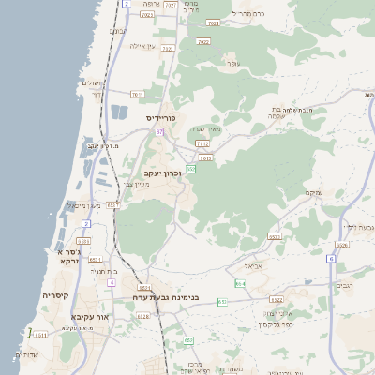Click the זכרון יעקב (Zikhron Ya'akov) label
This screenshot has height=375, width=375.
tap(167, 173)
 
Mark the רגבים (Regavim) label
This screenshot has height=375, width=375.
tap(344, 284)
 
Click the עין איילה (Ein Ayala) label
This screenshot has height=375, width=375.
tap(143, 45)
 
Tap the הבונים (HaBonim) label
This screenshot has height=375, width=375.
tap(119, 31)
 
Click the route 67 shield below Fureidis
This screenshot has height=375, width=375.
tap(160, 132)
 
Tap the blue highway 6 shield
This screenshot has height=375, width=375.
tap(332, 257)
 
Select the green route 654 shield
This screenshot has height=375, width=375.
tap(240, 283)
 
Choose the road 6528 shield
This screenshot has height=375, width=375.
tap(143, 316)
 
